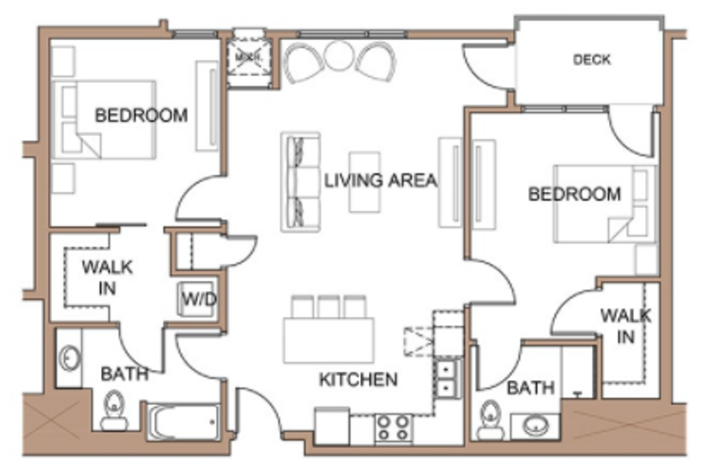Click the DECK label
[x=591, y=60]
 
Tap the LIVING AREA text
[x=380, y=180]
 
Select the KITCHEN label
[x=358, y=380]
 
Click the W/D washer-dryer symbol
[x=198, y=299]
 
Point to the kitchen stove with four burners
[x=393, y=428]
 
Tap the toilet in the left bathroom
[x=114, y=411]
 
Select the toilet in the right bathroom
[x=490, y=420]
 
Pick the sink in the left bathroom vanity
[x=69, y=358]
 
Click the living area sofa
[x=300, y=182]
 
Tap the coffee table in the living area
[x=364, y=182]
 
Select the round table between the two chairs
[x=339, y=56]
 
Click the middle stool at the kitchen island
[x=329, y=306]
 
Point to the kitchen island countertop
[x=329, y=340]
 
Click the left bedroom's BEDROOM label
[x=141, y=115]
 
